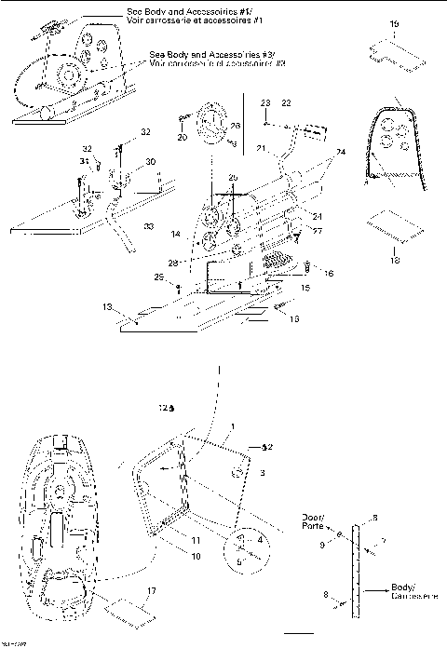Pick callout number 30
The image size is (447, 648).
150,162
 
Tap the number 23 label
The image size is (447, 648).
264,101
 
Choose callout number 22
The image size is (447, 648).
286,101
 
